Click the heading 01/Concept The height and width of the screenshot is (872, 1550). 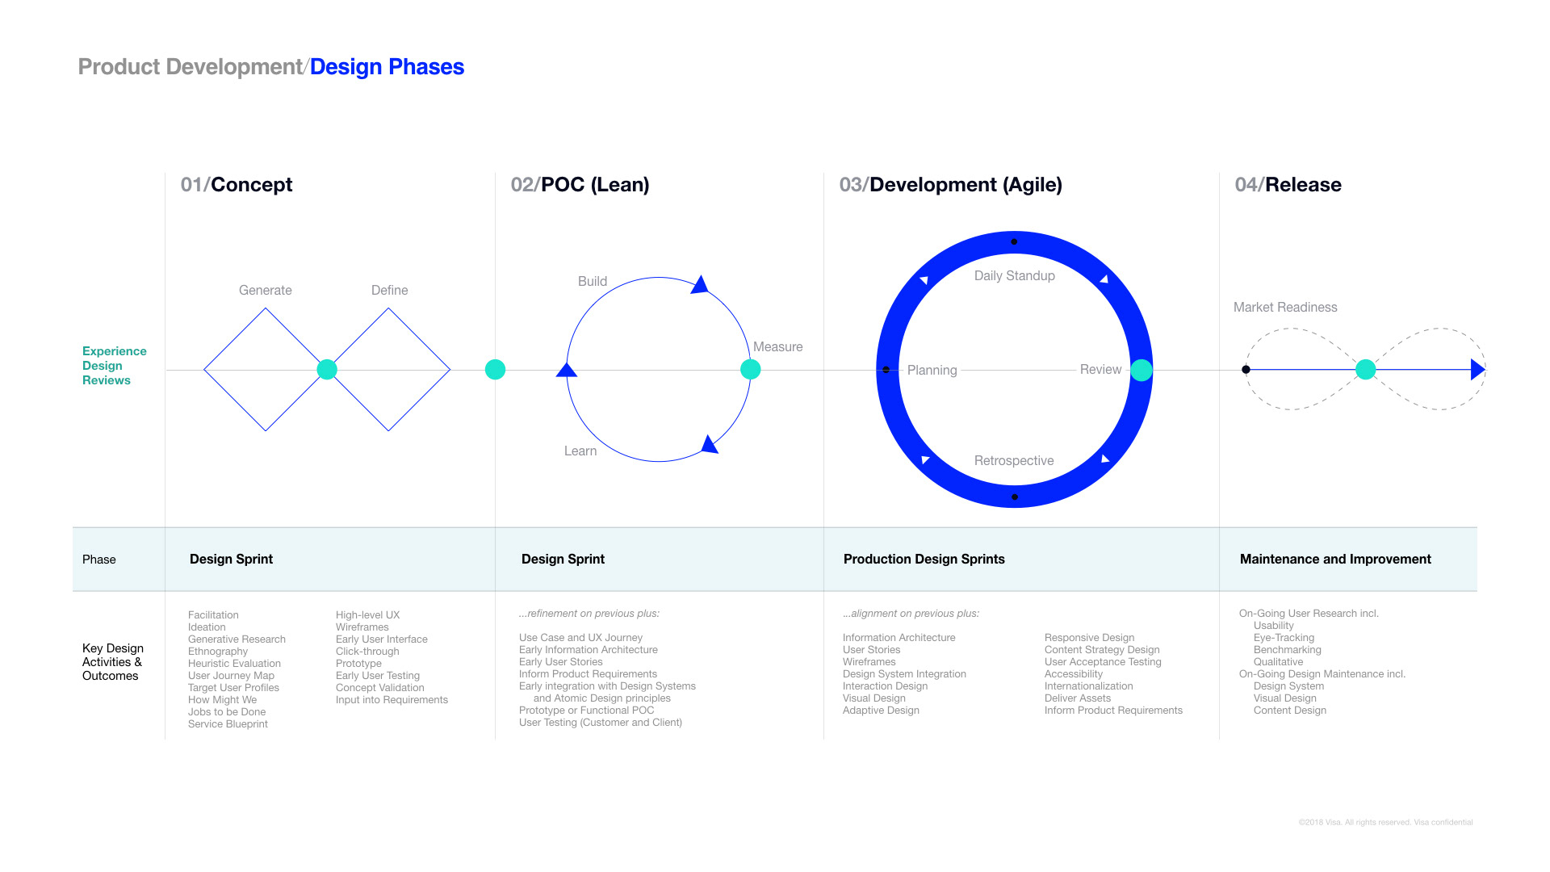(x=237, y=185)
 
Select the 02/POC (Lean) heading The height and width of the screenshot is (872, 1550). (x=580, y=185)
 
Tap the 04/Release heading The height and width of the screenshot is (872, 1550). (x=1288, y=185)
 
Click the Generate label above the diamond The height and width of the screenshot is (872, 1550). (x=265, y=291)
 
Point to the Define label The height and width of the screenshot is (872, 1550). (x=389, y=291)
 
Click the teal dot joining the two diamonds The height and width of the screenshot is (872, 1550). (x=327, y=370)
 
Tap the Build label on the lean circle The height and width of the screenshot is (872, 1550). (x=592, y=282)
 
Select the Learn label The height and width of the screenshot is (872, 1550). (x=580, y=451)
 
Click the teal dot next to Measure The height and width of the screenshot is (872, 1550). (x=750, y=370)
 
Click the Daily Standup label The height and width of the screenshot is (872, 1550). (x=1014, y=276)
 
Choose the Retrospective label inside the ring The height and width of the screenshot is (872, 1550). (x=1013, y=461)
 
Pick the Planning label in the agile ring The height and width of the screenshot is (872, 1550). (x=932, y=371)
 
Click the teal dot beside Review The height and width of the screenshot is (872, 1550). (x=1141, y=371)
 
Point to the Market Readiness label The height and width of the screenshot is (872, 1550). (x=1284, y=308)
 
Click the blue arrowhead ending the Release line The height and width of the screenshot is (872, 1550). (x=1477, y=370)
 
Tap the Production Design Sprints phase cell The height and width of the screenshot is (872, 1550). (x=924, y=560)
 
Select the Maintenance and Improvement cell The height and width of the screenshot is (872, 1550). (x=1334, y=560)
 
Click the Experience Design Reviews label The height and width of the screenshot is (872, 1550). (x=114, y=366)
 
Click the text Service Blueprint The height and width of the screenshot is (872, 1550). (x=228, y=724)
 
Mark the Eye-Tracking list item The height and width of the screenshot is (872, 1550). (x=1284, y=638)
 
